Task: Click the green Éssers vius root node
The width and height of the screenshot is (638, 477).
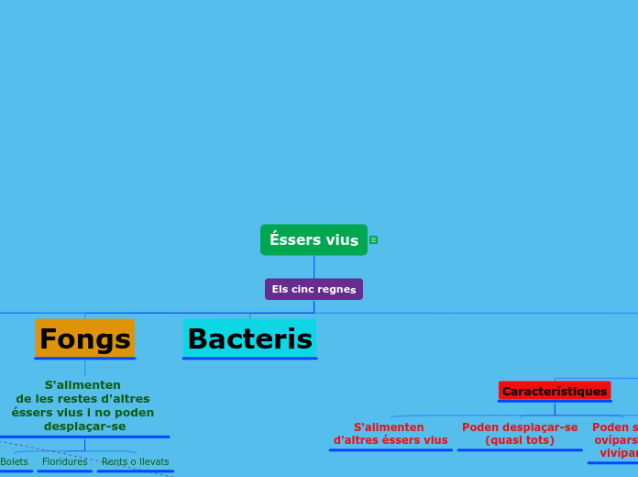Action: pyautogui.click(x=313, y=239)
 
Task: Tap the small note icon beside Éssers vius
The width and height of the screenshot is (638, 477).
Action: pyautogui.click(x=373, y=239)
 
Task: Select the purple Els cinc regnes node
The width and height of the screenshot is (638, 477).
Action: pyautogui.click(x=313, y=289)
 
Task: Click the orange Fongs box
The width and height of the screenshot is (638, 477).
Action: pyautogui.click(x=85, y=338)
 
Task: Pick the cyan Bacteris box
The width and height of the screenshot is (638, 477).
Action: pyautogui.click(x=249, y=338)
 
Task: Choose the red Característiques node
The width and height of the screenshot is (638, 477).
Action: pyautogui.click(x=555, y=391)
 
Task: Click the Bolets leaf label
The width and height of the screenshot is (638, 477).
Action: pyautogui.click(x=14, y=461)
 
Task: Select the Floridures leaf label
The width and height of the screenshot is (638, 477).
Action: pyautogui.click(x=65, y=461)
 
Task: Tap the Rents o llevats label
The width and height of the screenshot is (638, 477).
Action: pyautogui.click(x=135, y=461)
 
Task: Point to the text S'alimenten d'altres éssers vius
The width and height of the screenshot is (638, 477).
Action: pyautogui.click(x=390, y=434)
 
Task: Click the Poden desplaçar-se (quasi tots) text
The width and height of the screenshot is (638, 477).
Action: pyautogui.click(x=520, y=434)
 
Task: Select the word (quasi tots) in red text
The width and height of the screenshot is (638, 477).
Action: pyautogui.click(x=520, y=440)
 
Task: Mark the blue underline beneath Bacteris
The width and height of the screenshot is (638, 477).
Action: pyautogui.click(x=249, y=358)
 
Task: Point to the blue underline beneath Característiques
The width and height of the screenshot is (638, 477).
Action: pyautogui.click(x=555, y=401)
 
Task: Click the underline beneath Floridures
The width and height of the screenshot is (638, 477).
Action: pyautogui.click(x=65, y=471)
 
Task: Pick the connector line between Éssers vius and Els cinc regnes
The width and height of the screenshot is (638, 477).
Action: pyautogui.click(x=313, y=267)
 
